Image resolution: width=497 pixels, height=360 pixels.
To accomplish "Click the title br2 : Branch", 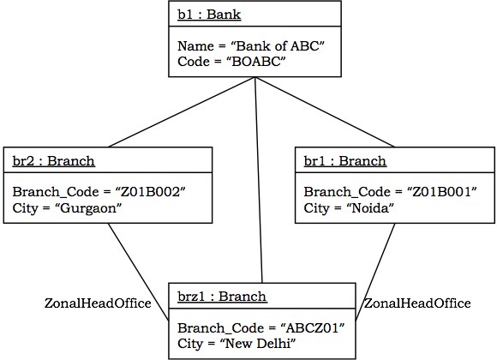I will [x=53, y=160].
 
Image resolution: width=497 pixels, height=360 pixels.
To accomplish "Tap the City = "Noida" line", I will [x=348, y=207].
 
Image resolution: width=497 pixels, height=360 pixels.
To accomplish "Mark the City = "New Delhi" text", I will [x=236, y=344].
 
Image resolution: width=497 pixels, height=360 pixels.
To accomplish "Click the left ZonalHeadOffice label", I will [x=98, y=303].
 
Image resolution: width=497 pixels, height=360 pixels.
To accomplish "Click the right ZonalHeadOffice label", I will [x=417, y=303].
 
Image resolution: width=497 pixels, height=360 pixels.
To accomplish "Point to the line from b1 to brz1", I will [x=258, y=180].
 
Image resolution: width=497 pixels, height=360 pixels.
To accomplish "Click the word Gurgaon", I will [x=83, y=207].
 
